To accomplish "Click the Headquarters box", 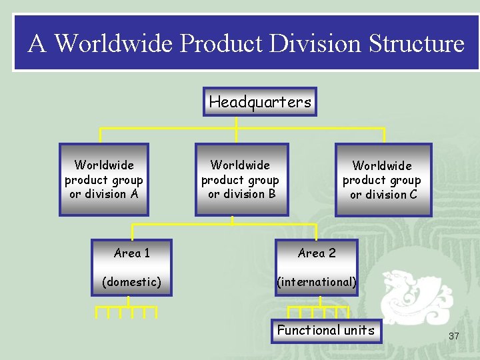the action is coord(260,102).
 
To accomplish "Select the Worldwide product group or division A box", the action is coord(104,179).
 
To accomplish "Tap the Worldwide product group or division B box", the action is coord(241,179).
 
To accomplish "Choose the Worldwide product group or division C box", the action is coord(383,180).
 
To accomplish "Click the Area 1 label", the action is coord(131,253).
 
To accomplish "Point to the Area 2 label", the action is coord(317,253).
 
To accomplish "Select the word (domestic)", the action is coord(131,282).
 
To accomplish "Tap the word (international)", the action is coord(317,282).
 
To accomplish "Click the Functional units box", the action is coord(326,330).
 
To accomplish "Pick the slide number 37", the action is coord(453,335).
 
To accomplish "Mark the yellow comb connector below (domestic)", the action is coord(127,309).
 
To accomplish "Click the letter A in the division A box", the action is coord(135,194).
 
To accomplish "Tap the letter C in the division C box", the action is coord(413,195).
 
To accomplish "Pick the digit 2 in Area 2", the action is coord(332,253).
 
